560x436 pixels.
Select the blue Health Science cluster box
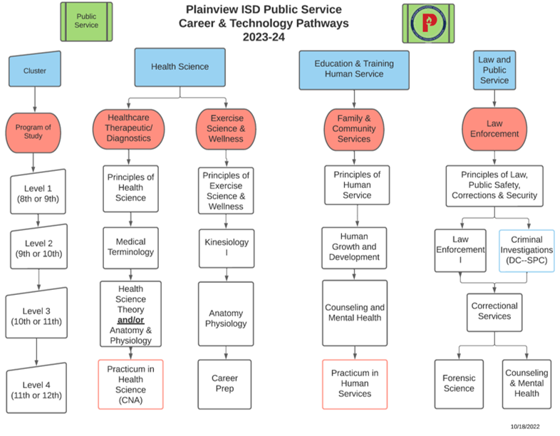coord(180,67)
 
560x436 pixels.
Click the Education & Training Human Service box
coord(354,69)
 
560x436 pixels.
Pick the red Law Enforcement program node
coord(494,128)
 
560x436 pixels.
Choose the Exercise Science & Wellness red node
coord(226,128)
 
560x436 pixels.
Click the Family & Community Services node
coord(354,128)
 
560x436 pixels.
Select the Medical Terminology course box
coord(130,246)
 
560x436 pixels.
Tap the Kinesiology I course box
coord(226,247)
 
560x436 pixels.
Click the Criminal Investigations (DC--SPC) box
coord(527,251)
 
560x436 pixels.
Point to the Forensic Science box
coord(459,383)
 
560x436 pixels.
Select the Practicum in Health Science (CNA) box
coord(130,384)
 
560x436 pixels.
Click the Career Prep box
coord(226,383)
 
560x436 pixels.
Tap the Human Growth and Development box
coord(354,248)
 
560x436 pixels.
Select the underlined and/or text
coord(130,321)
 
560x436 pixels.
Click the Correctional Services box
coord(494,311)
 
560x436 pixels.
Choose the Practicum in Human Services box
coord(354,383)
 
